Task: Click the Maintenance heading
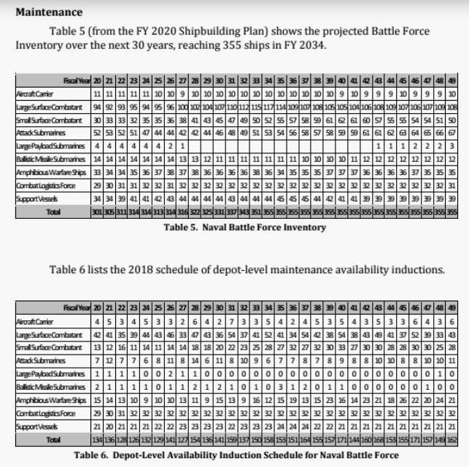point(49,12)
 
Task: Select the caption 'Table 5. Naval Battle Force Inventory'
point(236,227)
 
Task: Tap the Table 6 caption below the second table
point(236,455)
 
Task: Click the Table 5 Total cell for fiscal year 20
point(98,212)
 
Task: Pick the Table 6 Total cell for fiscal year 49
point(452,441)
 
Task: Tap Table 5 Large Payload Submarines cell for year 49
point(452,146)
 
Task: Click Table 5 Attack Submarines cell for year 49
point(452,133)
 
